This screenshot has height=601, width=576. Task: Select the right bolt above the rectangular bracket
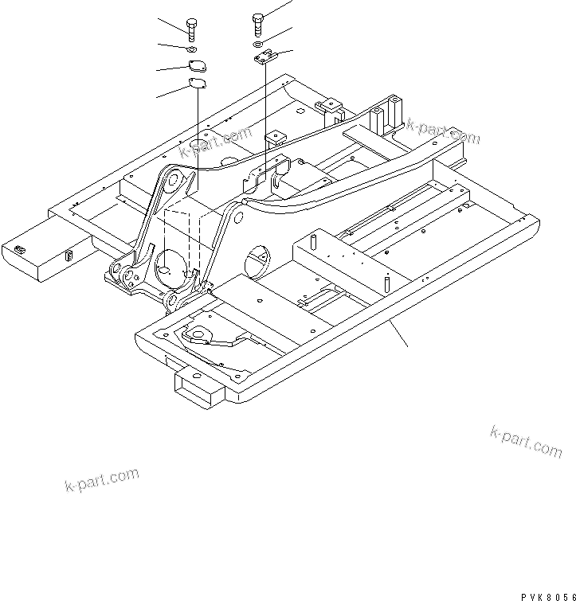[x=257, y=23]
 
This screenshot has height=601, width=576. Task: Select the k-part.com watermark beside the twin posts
[x=443, y=131]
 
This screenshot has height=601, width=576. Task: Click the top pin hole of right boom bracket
[x=237, y=210]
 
